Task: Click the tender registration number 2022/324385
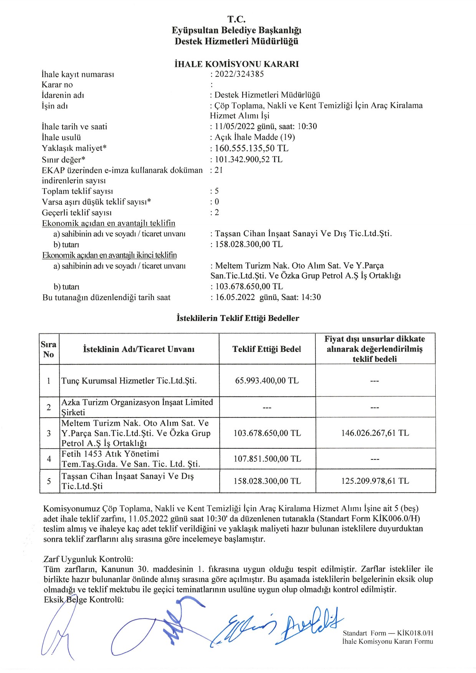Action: point(239,74)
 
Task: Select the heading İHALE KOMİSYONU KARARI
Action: point(236,64)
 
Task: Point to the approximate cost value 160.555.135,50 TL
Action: point(251,148)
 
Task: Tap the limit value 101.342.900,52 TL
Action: point(248,159)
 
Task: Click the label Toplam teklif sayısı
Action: point(77,191)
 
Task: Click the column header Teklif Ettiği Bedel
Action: point(267,349)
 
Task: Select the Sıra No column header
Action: point(49,349)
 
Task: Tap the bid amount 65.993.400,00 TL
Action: point(267,381)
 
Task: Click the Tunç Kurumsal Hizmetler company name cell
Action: point(129,381)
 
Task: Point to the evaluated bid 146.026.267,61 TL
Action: point(375,433)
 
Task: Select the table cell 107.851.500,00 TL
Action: point(267,459)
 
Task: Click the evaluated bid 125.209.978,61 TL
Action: point(375,481)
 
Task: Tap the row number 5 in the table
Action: point(49,481)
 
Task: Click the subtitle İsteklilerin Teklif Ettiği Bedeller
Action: point(238,318)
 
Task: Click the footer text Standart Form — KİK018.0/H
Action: point(388,633)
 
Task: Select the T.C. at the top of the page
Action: point(236,19)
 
